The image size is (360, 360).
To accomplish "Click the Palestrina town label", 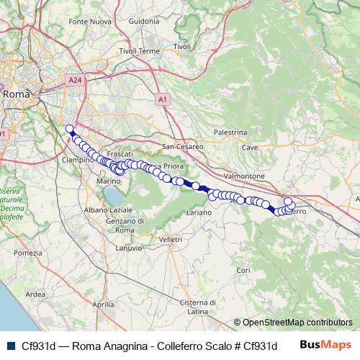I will coord(231,133).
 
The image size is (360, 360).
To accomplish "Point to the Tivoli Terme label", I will coord(139,51).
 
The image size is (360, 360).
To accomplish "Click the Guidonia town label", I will coord(143,22).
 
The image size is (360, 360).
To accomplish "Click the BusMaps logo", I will coord(325,345).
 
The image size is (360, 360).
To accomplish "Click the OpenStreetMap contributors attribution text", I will coord(292,323).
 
